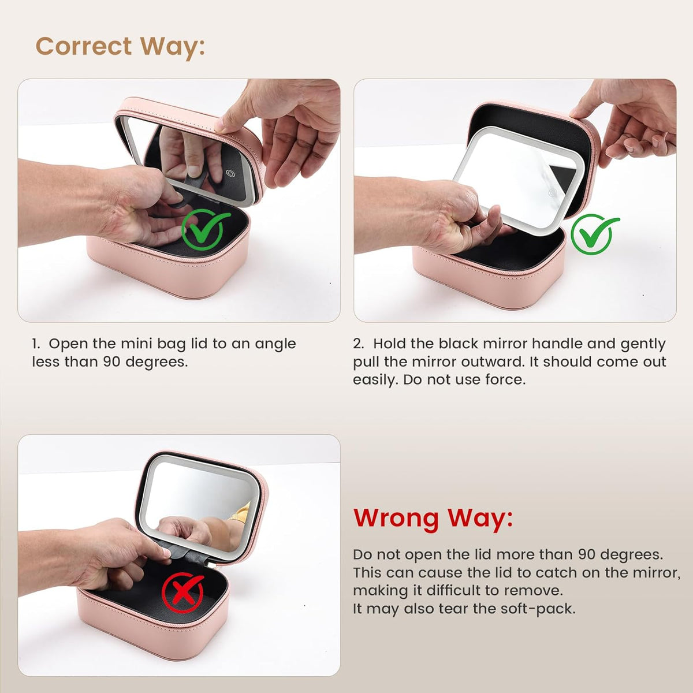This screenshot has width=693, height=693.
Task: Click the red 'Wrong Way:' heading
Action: click(x=433, y=519)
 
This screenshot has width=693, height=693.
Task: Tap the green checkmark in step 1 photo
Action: click(x=204, y=230)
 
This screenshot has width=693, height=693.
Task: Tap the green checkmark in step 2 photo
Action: click(x=594, y=234)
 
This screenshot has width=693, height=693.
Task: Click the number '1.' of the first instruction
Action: click(x=36, y=344)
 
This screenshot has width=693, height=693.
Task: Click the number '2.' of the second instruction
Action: click(x=359, y=344)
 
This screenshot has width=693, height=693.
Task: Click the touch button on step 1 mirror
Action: click(x=230, y=174)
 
